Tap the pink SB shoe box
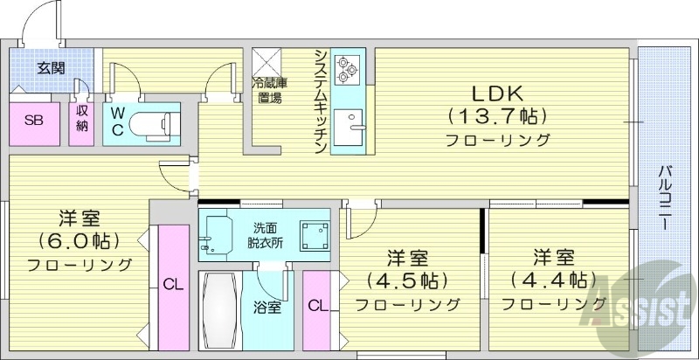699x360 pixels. (33, 122)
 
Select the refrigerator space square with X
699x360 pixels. (266, 60)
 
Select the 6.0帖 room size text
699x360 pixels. (79, 240)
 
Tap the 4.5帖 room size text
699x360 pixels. (407, 281)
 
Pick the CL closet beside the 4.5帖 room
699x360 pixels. (318, 305)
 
